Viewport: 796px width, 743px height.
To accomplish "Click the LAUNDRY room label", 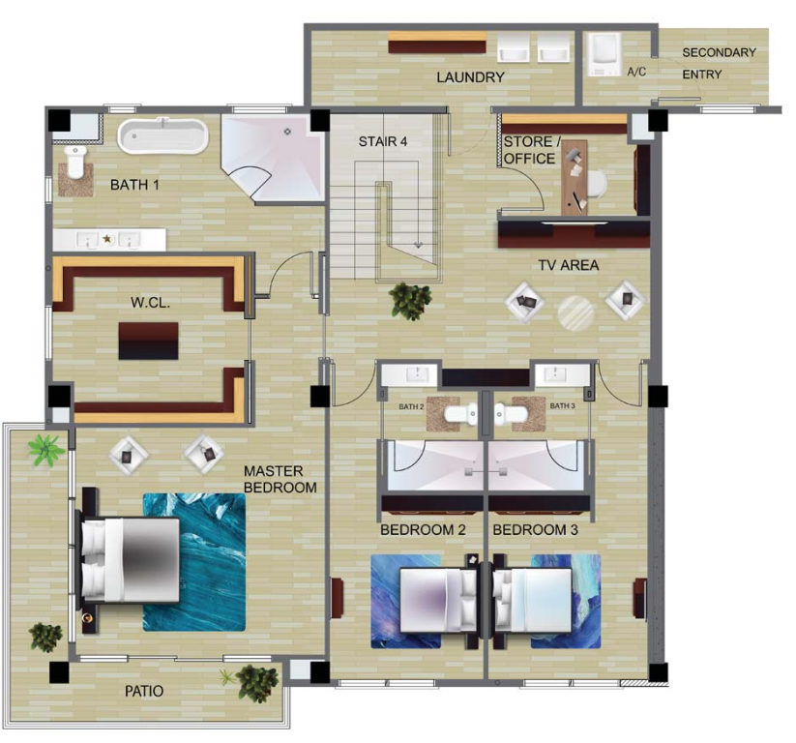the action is [470, 77].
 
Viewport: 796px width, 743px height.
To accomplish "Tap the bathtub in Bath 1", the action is [162, 136].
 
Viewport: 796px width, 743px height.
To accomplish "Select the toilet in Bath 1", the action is [75, 162].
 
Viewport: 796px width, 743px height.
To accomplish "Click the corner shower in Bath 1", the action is [273, 159].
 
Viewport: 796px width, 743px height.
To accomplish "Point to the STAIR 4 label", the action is [383, 141].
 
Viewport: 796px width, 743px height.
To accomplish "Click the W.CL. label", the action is [150, 303].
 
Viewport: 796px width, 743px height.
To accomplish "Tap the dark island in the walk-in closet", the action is [148, 341].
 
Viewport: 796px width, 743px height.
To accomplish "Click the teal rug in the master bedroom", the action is [194, 562].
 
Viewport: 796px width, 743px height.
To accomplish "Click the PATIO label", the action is [144, 691].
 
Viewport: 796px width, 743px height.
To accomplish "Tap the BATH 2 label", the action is [411, 406].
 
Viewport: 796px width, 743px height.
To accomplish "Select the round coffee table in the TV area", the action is [575, 313].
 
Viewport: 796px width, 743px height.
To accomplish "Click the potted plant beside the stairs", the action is [411, 301].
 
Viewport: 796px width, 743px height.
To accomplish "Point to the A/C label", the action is [636, 72].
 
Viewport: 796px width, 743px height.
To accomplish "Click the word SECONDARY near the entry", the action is [719, 52].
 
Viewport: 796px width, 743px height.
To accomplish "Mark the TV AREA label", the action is [569, 265].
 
